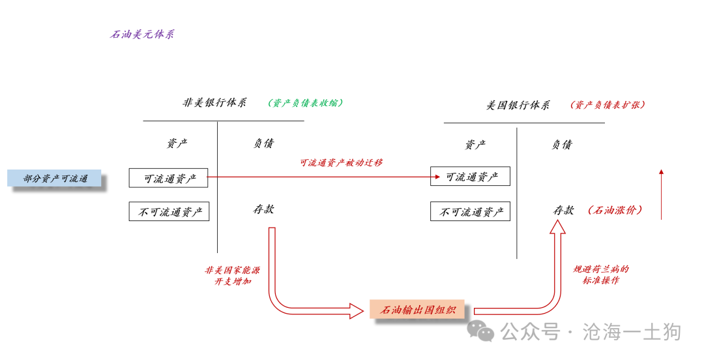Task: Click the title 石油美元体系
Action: (142, 35)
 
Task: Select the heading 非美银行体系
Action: (214, 103)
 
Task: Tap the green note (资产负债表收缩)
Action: (305, 103)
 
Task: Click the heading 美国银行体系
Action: (518, 105)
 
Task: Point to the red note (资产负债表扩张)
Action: (608, 105)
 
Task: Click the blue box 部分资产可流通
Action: (55, 178)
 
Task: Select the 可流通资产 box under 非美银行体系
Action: (168, 177)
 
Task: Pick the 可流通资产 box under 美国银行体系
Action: (470, 176)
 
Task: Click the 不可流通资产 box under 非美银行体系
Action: (169, 211)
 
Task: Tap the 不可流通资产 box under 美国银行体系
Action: (470, 211)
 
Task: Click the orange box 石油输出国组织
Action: (417, 310)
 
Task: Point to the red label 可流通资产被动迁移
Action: (341, 163)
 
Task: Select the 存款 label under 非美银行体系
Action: (263, 209)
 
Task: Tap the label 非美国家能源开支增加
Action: (232, 275)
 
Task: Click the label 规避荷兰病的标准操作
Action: (600, 275)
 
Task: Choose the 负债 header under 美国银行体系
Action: (561, 145)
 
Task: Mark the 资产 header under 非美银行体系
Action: (177, 143)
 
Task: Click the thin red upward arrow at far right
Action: (661, 194)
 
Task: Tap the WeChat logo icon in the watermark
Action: (484, 332)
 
